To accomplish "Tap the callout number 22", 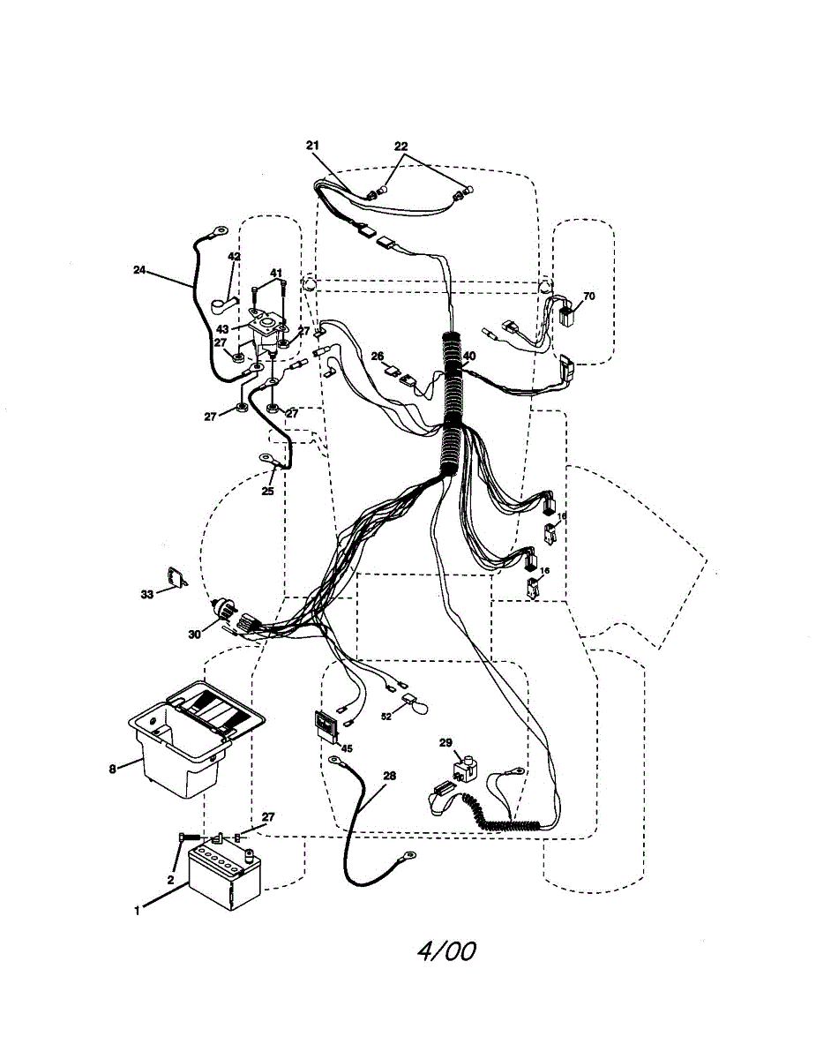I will pos(401,146).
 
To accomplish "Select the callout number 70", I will pos(588,297).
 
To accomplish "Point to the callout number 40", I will pos(469,357).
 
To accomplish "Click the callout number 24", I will pos(139,271).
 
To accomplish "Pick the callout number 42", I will pos(234,257).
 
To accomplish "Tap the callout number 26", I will pos(378,357).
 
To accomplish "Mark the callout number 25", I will pos(267,491).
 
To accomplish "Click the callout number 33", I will pos(147,594).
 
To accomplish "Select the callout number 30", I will pos(194,633).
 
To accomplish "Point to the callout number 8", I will pos(112,769).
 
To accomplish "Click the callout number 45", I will pos(347,748).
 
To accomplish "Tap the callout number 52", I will pos(386,717).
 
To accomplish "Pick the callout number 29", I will pos(445,743).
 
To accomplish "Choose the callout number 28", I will pos(390,776).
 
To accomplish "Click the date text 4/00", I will pos(446,951).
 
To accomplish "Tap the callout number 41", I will pos(276,273).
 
